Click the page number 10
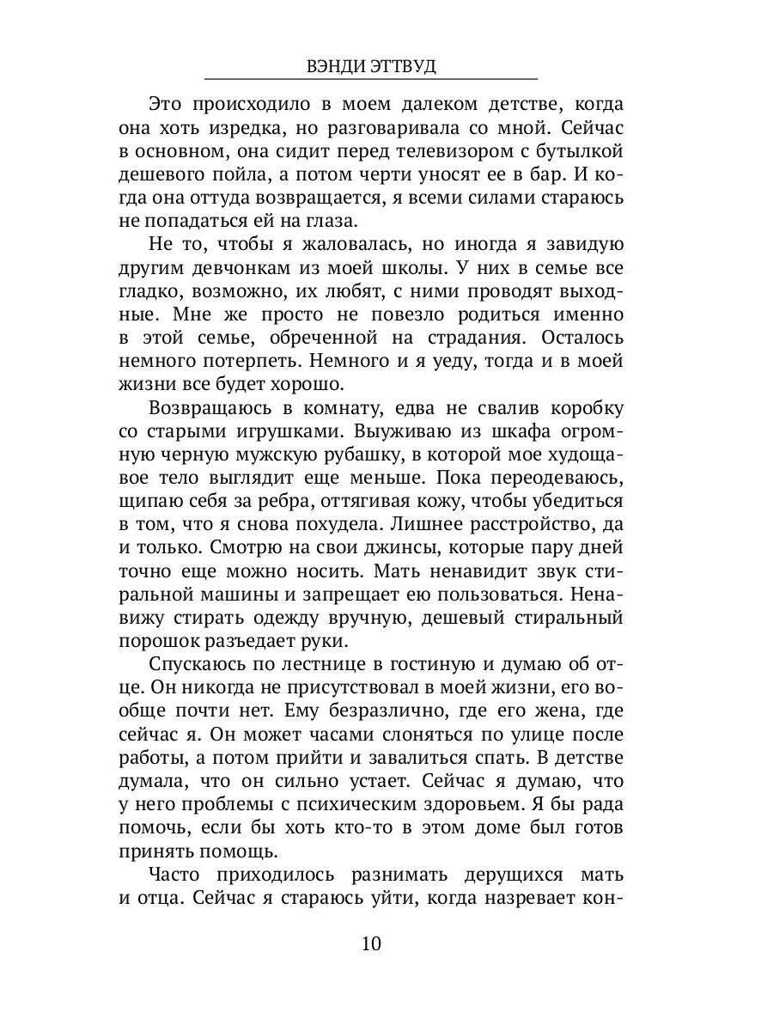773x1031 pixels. (x=371, y=943)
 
